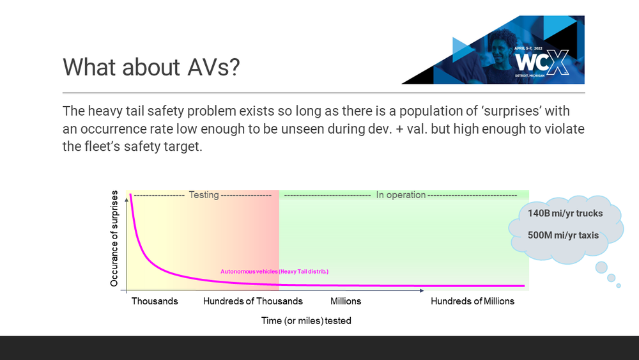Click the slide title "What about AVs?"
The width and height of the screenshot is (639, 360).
(x=151, y=67)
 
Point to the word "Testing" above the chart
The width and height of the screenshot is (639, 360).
(x=204, y=195)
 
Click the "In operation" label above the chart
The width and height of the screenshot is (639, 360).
(x=401, y=195)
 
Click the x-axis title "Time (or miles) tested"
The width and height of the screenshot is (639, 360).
(x=306, y=320)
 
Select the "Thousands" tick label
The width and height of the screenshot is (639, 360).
(x=155, y=301)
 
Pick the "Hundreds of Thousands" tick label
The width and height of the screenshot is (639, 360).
(x=253, y=301)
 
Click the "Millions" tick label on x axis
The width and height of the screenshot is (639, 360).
(x=346, y=301)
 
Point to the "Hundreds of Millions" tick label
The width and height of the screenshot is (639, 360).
(x=472, y=301)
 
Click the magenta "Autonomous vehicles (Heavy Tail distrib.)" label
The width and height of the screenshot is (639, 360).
(x=274, y=272)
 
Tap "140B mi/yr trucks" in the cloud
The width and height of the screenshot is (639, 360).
(x=565, y=214)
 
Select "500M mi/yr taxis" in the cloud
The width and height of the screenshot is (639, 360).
(x=563, y=235)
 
